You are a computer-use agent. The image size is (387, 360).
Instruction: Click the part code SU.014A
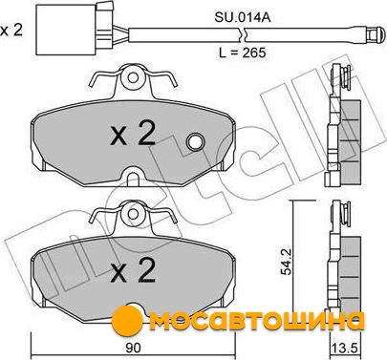click(243, 17)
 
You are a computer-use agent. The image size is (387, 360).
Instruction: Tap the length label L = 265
click(243, 53)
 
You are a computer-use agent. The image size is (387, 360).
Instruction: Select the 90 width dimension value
click(133, 348)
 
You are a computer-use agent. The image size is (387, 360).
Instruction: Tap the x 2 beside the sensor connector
click(11, 31)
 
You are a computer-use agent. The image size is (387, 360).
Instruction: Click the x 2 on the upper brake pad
click(133, 135)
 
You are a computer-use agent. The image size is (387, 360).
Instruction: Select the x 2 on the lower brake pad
click(133, 270)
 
